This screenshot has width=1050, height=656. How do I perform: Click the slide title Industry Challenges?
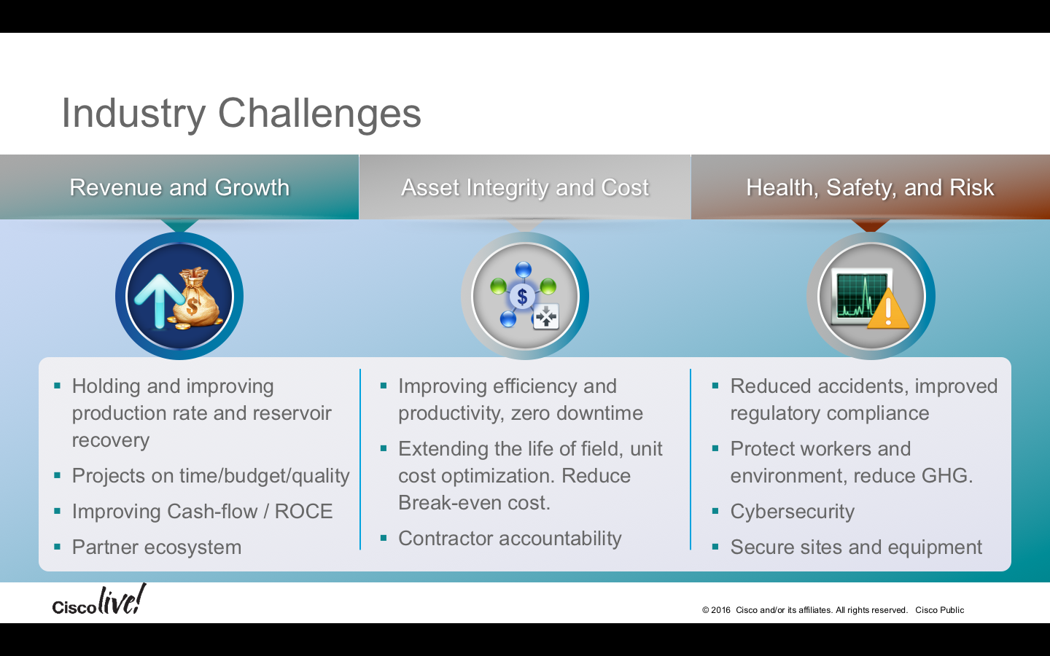tap(241, 114)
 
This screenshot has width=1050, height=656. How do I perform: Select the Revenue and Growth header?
tap(179, 187)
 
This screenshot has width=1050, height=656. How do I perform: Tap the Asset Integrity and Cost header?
tap(525, 188)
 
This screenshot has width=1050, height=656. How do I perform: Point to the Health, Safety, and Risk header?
tap(870, 188)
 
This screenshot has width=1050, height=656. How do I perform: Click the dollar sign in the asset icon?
tap(522, 297)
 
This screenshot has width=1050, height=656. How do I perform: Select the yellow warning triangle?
tap(888, 309)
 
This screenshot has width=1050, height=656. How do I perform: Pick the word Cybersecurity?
tap(792, 511)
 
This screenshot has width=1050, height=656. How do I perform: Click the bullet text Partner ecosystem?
tap(157, 547)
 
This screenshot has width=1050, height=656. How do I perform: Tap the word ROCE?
tap(303, 511)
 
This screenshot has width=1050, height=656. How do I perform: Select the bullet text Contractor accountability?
tap(510, 539)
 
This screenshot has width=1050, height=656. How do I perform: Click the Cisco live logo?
tap(99, 600)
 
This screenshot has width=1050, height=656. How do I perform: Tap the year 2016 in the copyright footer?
tap(720, 610)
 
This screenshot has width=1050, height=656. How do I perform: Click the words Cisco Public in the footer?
tap(940, 610)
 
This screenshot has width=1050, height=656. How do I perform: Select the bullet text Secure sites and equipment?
tap(856, 547)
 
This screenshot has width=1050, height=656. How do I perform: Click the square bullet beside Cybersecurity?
tap(715, 511)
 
